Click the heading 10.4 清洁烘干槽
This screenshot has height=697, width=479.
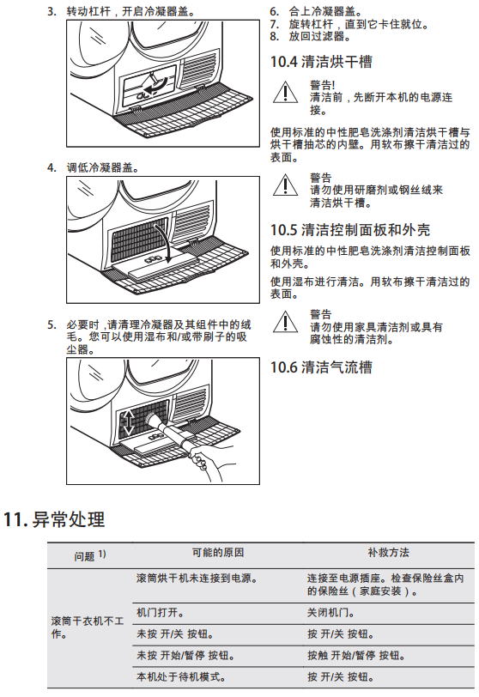point(321,61)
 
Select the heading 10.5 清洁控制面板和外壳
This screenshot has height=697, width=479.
point(350,230)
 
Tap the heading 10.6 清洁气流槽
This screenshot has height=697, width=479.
point(321,367)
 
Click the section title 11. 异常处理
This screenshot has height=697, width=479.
point(54,519)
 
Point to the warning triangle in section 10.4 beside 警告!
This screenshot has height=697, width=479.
point(285,93)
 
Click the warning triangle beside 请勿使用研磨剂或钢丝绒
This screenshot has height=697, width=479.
point(285,185)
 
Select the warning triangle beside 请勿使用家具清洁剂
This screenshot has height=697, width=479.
point(285,322)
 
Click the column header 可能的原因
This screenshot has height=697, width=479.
point(218,553)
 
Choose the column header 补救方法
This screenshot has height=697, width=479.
point(388,553)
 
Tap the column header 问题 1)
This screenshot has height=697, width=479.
point(90,555)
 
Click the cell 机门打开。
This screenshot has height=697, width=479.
point(160,613)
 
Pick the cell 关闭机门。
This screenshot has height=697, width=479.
point(330,613)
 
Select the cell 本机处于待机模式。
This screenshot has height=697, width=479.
point(181,677)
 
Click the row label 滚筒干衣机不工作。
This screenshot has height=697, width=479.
point(87,627)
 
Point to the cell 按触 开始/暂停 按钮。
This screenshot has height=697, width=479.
point(355,656)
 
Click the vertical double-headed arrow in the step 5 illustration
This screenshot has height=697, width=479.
point(128,422)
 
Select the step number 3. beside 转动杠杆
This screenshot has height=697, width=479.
point(52,11)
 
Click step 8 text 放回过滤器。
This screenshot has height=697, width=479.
point(319,36)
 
